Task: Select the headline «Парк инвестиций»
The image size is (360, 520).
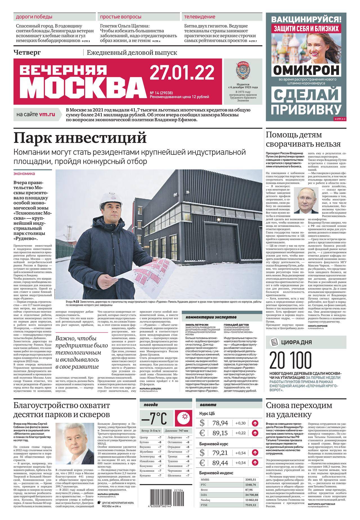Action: tap(80, 138)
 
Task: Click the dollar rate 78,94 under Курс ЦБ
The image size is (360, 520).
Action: tap(220, 423)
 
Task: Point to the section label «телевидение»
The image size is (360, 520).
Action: tap(200, 17)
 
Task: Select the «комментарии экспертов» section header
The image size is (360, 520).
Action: tap(211, 317)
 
